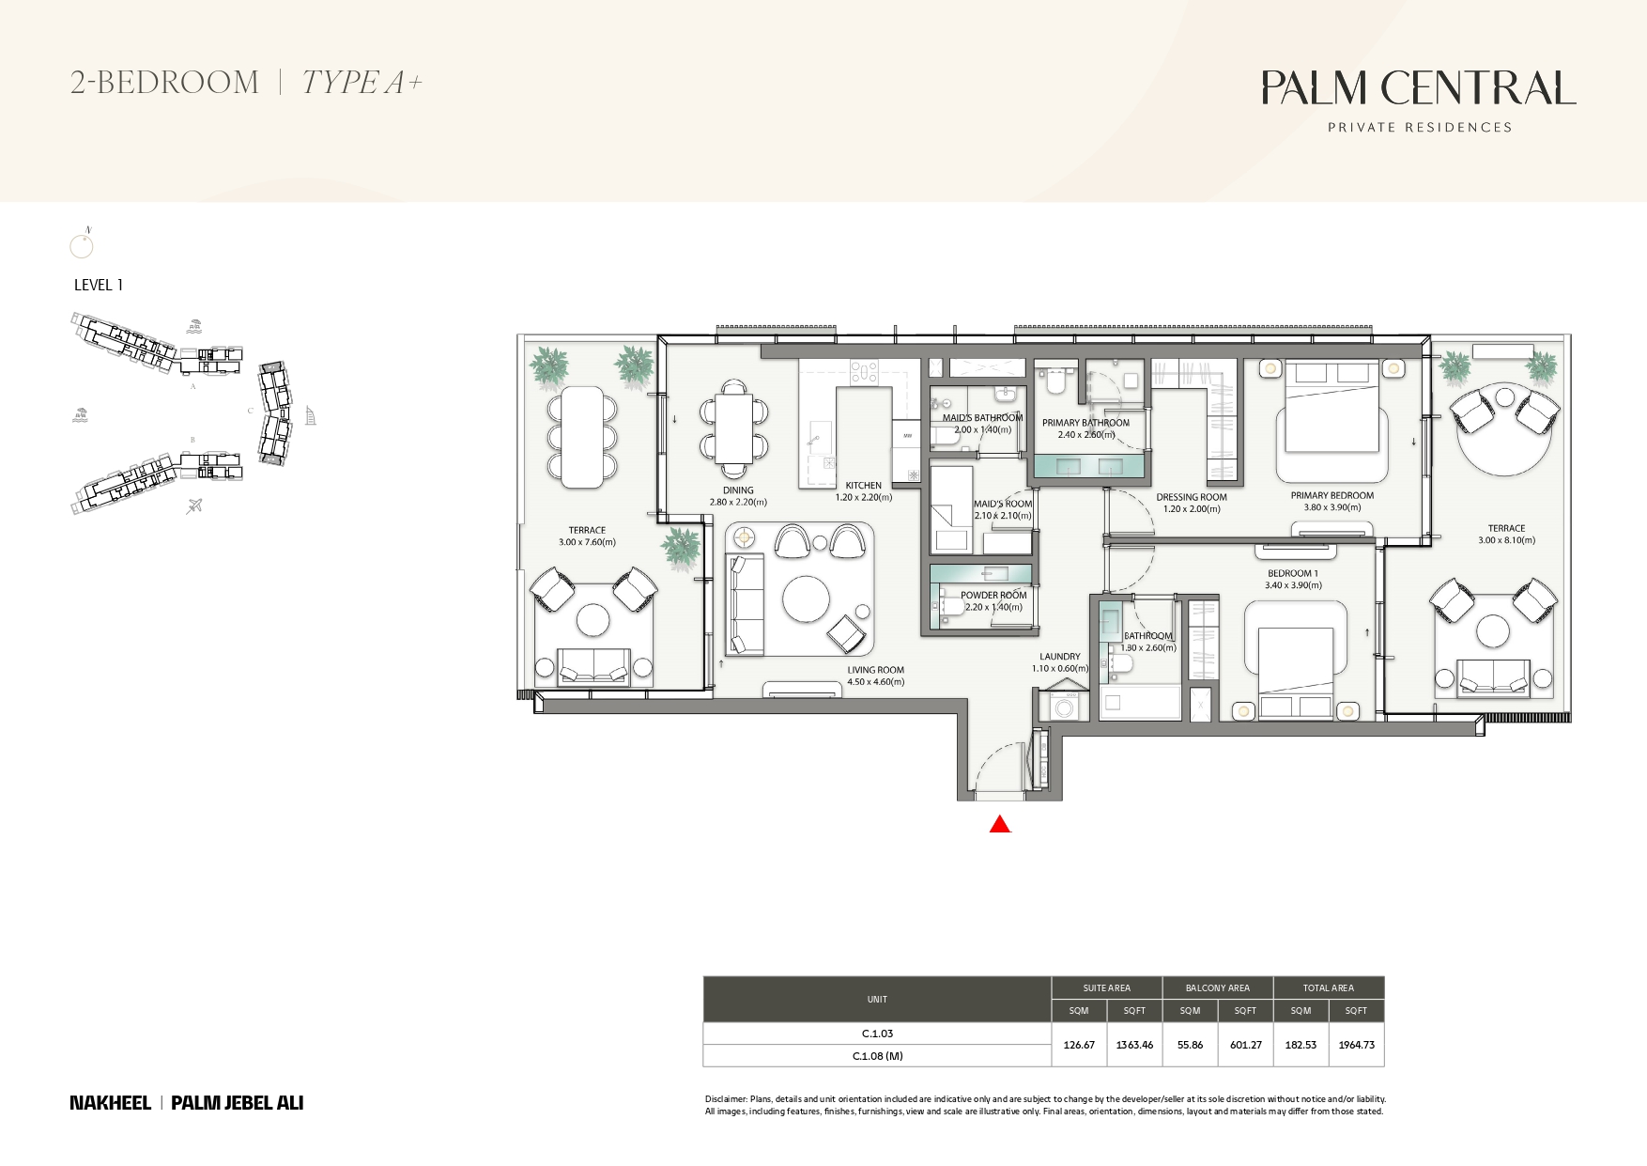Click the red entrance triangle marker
1000,825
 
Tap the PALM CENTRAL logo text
1418,88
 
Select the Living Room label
875,670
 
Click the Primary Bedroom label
1331,495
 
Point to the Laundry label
1059,657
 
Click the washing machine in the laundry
1065,708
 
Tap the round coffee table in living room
806,599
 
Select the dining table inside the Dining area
733,428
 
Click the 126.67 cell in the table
1079,1045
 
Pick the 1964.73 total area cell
1356,1045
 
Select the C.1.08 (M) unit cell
877,1056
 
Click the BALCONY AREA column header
1217,987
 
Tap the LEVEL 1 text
99,285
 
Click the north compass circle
82,247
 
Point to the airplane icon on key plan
194,506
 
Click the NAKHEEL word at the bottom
110,1103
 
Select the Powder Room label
993,595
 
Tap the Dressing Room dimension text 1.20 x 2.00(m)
1191,509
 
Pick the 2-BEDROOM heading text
164,83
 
